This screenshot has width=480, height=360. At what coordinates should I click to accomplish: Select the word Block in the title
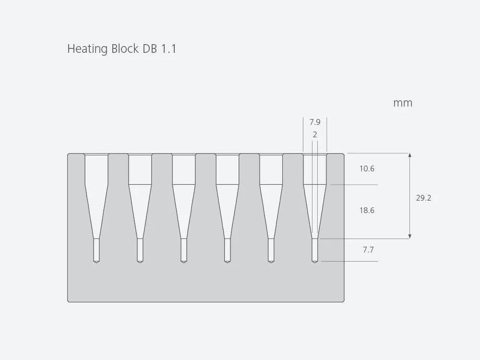coord(125,49)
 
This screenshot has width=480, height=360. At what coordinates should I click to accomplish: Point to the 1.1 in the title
coord(169,49)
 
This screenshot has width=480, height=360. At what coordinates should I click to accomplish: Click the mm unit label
coord(403,103)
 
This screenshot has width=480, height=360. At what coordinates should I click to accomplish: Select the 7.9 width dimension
coord(315,122)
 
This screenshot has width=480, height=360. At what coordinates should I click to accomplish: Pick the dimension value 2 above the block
coord(315,135)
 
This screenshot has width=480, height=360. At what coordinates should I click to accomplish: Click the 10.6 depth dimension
coord(367,169)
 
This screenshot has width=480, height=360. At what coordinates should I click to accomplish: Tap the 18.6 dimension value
coord(367,210)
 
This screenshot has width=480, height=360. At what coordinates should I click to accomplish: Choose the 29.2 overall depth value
coord(423,198)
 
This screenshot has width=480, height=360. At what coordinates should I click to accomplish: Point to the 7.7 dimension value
coord(368,250)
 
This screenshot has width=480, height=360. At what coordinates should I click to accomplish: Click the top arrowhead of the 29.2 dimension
coord(409,156)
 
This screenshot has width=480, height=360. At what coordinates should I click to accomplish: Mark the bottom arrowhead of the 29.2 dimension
coord(409,236)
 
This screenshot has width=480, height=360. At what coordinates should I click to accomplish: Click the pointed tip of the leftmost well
coord(96,262)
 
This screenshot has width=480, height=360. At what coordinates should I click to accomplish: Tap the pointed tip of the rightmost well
coord(315,262)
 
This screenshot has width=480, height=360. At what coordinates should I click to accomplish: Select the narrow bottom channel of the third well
coord(184,250)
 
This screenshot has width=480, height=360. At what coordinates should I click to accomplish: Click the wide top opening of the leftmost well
coord(96,168)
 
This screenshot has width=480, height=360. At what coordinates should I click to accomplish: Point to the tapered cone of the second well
coord(140,211)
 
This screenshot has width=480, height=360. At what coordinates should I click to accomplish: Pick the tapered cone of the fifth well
coord(271,211)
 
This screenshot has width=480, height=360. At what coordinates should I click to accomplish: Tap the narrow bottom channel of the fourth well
coord(228,250)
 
